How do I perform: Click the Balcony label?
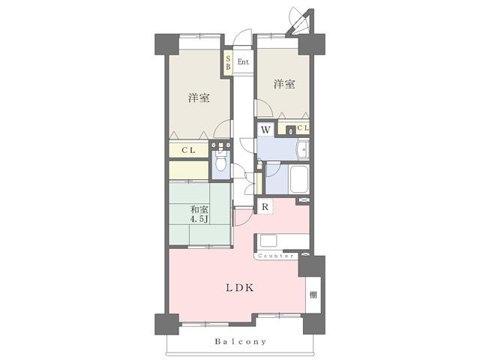tap(240, 341)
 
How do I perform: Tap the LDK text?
tap(240, 288)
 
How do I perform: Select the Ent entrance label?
tap(243, 61)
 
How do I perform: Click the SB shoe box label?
tap(228, 62)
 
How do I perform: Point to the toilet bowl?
tap(220, 161)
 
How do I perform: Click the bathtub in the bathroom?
tap(299, 179)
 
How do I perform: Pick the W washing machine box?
tap(265, 130)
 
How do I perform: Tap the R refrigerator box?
tap(265, 207)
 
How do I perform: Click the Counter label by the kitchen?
tap(276, 256)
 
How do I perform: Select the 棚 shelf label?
tap(313, 295)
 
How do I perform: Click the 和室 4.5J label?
tap(199, 214)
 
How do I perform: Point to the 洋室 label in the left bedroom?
tap(199, 98)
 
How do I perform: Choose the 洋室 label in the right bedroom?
tap(284, 84)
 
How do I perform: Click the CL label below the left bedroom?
tap(188, 150)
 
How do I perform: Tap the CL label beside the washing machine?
tap(303, 128)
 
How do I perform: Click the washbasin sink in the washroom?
tap(303, 150)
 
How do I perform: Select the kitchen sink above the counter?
tap(268, 241)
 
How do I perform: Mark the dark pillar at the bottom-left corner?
tap(166, 324)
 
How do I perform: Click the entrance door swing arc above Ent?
tap(242, 37)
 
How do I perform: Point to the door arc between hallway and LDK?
tap(244, 217)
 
